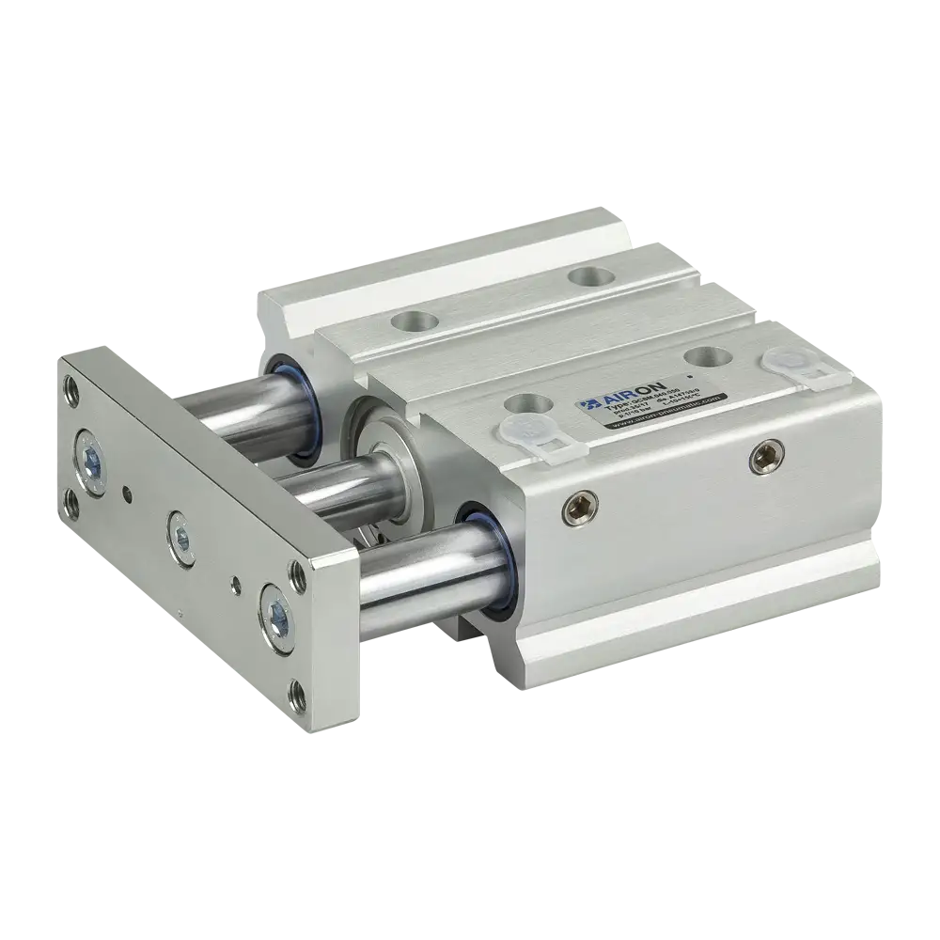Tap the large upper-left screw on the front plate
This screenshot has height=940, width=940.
coord(91,460)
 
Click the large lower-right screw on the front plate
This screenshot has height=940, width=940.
coord(277,613)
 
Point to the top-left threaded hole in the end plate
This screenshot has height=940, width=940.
coord(70,384)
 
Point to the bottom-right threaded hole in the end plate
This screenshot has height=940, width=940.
coord(300,696)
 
